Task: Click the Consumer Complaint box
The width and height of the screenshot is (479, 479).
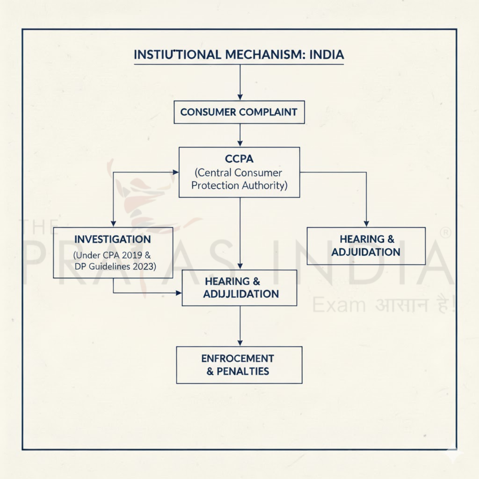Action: [x=239, y=112]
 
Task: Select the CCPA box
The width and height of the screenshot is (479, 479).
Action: [x=239, y=172]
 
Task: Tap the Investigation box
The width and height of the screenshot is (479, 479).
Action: [x=113, y=253]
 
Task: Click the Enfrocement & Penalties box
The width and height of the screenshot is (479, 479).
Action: [x=239, y=365]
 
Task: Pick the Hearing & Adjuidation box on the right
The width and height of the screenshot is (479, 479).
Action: [x=366, y=246]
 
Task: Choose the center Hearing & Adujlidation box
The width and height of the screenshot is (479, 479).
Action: [x=239, y=288]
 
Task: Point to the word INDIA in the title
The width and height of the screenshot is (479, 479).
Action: [x=326, y=55]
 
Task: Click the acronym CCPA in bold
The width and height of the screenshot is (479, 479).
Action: [x=239, y=159]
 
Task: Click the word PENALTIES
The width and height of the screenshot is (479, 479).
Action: [x=243, y=371]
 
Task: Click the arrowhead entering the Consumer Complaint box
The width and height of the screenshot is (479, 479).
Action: [x=240, y=97]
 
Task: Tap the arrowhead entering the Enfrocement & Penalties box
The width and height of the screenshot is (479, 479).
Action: [x=240, y=342]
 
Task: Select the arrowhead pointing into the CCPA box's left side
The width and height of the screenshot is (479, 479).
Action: [x=175, y=172]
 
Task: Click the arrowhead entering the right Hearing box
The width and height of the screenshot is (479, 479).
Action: [x=366, y=224]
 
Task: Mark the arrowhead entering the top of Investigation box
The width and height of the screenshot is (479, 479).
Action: [x=113, y=224]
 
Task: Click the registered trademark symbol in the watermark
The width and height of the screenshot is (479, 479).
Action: [x=445, y=233]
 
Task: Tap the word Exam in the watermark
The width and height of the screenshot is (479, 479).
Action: [x=338, y=305]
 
